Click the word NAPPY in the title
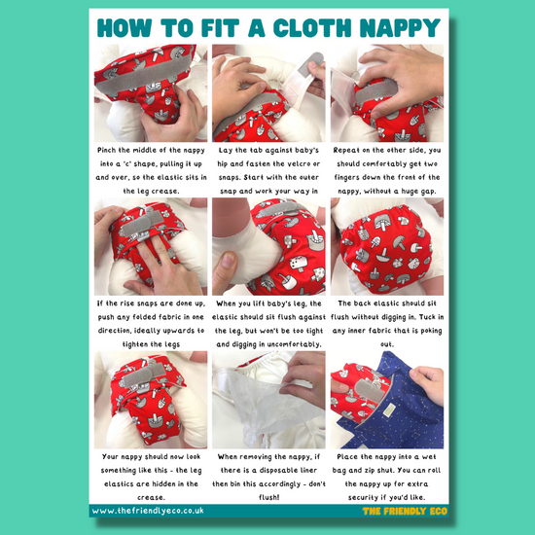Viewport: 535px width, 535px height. click(400, 28)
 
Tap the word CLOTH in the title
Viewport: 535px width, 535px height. click(312, 28)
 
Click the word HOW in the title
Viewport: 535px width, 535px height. click(125, 28)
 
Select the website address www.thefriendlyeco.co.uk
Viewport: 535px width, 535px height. click(148, 511)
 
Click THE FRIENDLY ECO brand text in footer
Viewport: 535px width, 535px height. click(405, 511)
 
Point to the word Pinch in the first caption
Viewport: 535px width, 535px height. click(106, 150)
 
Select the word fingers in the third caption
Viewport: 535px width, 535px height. click(347, 178)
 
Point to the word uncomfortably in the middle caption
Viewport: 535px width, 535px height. click(294, 344)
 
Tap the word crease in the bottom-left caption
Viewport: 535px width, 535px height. click(151, 498)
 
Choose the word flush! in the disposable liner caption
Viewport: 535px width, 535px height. click(269, 497)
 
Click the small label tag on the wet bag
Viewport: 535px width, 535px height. click(388, 410)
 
